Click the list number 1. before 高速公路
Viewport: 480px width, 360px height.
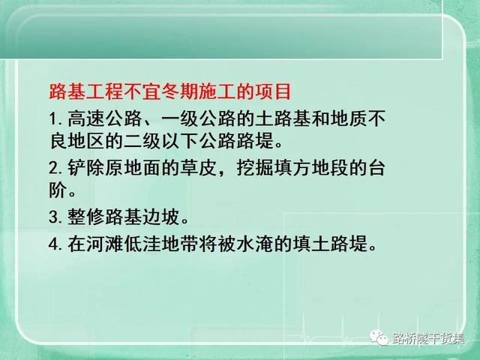[x=55, y=118]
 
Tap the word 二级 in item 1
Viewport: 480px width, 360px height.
[x=142, y=141]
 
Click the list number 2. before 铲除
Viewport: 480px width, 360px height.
[x=55, y=168]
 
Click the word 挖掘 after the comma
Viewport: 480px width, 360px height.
[x=255, y=168]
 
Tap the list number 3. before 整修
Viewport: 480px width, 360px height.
[x=55, y=217]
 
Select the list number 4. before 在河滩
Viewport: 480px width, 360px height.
[x=55, y=244]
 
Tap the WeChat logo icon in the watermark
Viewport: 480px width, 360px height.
[x=379, y=337]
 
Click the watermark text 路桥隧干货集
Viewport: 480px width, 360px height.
[x=428, y=338]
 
